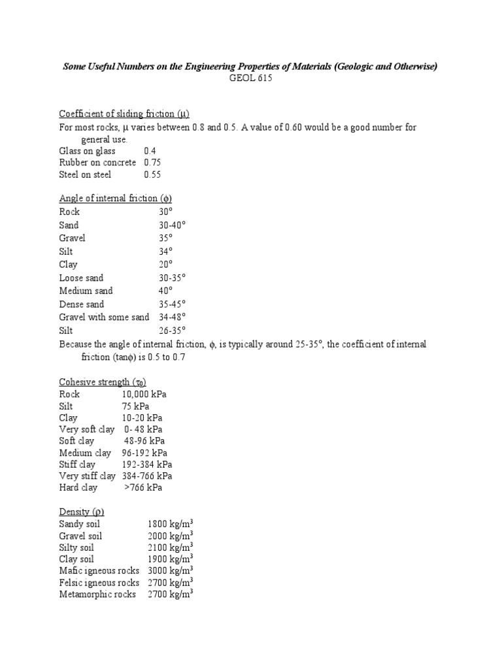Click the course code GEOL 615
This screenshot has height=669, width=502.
250,79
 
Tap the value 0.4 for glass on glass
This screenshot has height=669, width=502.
150,151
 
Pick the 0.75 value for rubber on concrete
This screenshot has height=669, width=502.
152,163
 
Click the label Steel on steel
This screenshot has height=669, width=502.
85,174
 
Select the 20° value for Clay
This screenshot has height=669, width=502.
165,265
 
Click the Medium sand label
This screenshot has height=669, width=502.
86,291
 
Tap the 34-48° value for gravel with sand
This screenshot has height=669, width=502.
172,318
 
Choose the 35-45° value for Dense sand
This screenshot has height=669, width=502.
172,304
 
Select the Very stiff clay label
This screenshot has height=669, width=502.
87,476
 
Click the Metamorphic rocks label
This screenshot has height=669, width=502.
97,595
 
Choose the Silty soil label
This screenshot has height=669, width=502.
77,547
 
